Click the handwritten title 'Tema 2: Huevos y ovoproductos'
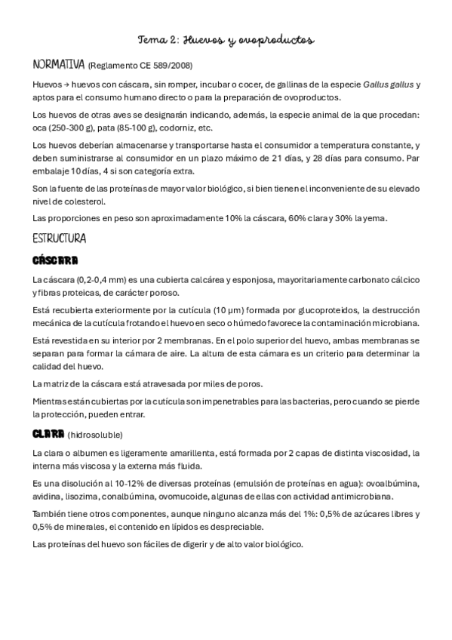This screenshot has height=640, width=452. point(226,39)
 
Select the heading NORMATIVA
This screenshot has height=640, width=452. point(59,64)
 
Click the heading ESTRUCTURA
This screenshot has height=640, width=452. point(60,238)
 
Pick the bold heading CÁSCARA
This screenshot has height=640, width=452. point(56,261)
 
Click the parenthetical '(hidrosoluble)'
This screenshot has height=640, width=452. point(94,435)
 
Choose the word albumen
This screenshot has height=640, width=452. point(88,452)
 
